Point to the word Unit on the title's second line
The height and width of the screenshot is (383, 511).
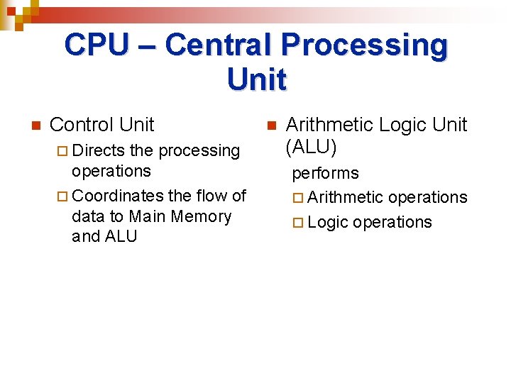click(257, 79)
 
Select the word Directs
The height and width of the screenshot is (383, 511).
click(98, 150)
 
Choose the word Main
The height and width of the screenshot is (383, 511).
click(146, 216)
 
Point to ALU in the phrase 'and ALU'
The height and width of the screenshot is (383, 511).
click(121, 236)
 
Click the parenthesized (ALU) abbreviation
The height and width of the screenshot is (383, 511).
click(311, 148)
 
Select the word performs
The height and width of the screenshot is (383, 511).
click(326, 173)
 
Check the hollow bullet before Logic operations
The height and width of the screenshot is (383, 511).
click(297, 223)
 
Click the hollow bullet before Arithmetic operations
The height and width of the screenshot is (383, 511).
click(297, 198)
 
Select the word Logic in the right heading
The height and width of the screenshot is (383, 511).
click(404, 125)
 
